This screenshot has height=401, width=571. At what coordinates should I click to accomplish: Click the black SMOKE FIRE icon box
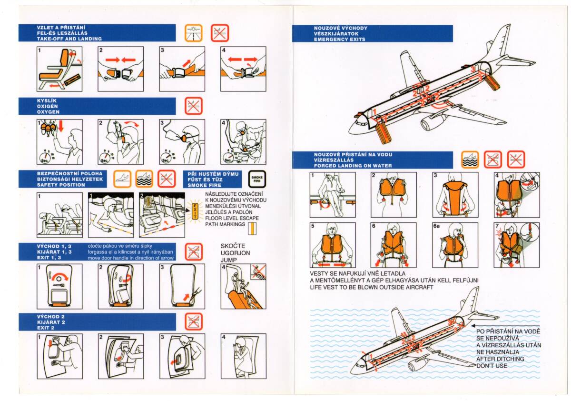point(256,179)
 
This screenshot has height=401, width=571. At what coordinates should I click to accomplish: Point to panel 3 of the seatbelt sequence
point(182,69)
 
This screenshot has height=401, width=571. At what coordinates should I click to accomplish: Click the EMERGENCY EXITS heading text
point(340,40)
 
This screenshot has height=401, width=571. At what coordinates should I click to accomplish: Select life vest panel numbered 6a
point(454,245)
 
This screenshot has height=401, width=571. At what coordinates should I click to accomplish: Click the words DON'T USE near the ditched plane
point(492,365)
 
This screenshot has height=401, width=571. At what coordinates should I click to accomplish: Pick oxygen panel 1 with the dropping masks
point(59,141)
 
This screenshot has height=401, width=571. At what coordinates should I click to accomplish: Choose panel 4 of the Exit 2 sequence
point(243,356)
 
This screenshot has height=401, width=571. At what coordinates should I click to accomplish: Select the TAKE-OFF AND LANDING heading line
point(69,39)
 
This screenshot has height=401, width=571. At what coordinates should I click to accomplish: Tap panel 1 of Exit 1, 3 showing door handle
point(59,286)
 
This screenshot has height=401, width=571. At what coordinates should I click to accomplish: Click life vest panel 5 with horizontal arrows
point(333,245)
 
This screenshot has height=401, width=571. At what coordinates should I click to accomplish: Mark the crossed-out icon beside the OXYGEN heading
point(194,106)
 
